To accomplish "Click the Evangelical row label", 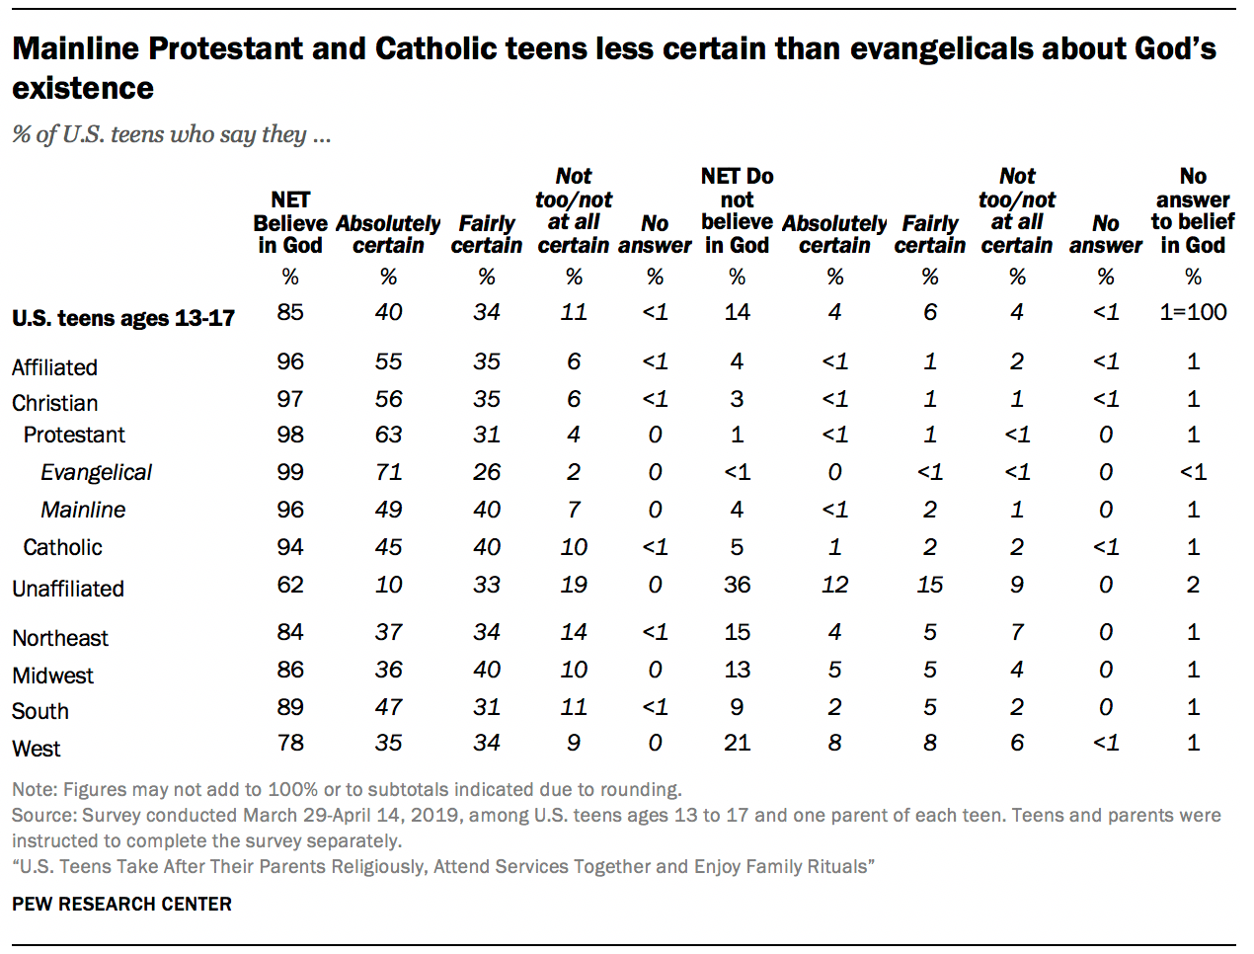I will [96, 473].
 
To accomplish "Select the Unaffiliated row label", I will [68, 589].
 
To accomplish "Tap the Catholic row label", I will [62, 547].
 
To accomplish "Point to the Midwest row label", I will [52, 676].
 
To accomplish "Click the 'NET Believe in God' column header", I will [290, 222].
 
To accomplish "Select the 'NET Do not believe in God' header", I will [737, 210].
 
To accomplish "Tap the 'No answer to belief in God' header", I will [1192, 210].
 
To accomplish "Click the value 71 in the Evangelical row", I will [388, 472].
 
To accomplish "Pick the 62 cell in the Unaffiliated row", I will [290, 585].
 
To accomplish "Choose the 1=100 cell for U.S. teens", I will [1193, 312].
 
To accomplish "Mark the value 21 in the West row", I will [737, 743].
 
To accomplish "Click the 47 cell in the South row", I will [388, 707].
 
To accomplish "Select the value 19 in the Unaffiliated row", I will [574, 585].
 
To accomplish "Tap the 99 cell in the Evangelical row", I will [290, 472].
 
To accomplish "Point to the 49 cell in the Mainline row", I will [388, 510].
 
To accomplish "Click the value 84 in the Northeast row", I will [290, 632].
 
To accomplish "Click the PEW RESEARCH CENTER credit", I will [121, 904].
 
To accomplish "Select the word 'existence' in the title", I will [83, 88].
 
